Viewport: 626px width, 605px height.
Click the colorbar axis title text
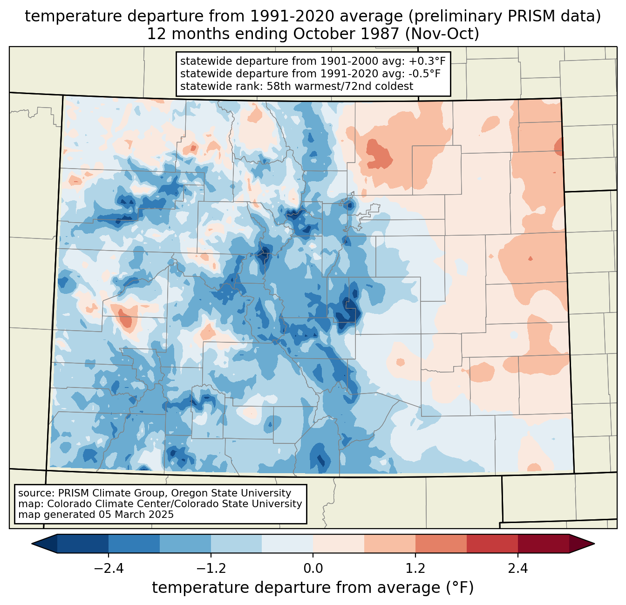(x=313, y=588)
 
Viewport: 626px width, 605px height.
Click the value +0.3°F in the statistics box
(x=427, y=61)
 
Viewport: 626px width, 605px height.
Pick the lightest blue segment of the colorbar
(x=287, y=544)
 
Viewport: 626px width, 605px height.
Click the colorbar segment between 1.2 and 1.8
(x=441, y=544)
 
